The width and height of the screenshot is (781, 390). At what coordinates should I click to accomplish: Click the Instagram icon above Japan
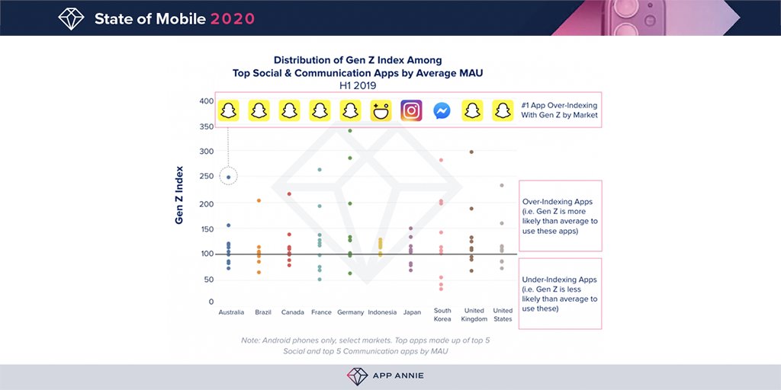pyautogui.click(x=411, y=110)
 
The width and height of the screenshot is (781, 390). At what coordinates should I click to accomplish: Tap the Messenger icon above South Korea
pyautogui.click(x=442, y=110)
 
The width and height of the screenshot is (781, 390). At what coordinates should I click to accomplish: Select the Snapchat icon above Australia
pyautogui.click(x=229, y=110)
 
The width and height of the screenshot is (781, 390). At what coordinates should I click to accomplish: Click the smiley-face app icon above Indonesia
pyautogui.click(x=381, y=110)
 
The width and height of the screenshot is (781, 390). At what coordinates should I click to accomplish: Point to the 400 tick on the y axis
pyautogui.click(x=206, y=101)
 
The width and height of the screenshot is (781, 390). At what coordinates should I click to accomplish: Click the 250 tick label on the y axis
pyautogui.click(x=206, y=177)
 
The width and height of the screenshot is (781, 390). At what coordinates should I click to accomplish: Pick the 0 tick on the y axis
pyautogui.click(x=211, y=302)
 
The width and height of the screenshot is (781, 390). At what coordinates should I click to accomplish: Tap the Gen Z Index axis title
pyautogui.click(x=180, y=194)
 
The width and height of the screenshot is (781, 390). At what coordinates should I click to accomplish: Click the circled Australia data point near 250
pyautogui.click(x=229, y=177)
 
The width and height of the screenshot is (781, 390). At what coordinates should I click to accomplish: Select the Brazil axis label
pyautogui.click(x=263, y=312)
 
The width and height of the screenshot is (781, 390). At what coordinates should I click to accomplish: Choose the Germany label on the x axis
pyautogui.click(x=350, y=312)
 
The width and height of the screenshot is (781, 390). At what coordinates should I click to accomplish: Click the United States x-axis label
pyautogui.click(x=503, y=315)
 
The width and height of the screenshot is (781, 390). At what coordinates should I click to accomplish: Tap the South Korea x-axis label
pyautogui.click(x=442, y=315)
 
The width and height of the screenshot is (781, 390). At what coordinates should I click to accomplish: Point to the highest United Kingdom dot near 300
pyautogui.click(x=471, y=152)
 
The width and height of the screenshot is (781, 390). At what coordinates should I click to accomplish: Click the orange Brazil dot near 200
pyautogui.click(x=259, y=200)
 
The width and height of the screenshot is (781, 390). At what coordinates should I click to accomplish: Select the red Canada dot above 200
pyautogui.click(x=289, y=194)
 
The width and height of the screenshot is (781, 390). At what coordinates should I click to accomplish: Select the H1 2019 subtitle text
pyautogui.click(x=358, y=86)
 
